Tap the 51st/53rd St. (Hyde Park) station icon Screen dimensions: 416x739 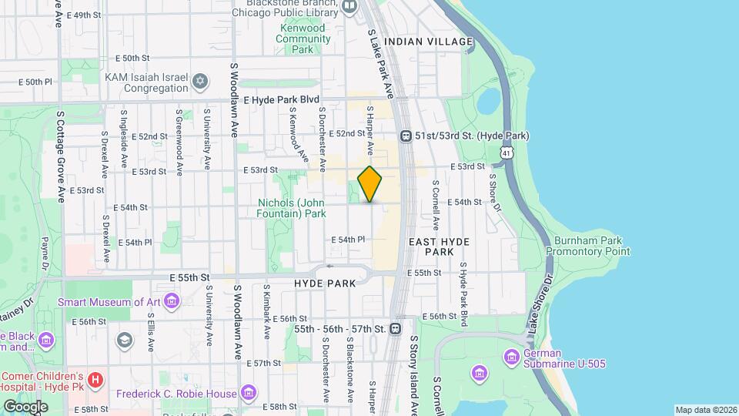[x=406, y=136]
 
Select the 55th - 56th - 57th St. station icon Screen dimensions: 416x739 [x=395, y=329]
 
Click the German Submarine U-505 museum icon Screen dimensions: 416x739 [x=511, y=357]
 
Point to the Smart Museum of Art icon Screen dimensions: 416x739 [x=172, y=300]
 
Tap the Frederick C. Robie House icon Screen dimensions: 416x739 [x=248, y=394]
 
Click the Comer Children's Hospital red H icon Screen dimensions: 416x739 [x=95, y=380]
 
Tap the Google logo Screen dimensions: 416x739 [x=25, y=406]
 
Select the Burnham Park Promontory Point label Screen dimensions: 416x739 [x=588, y=245]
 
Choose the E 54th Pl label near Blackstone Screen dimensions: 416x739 [x=347, y=240]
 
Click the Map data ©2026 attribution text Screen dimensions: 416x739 [x=705, y=410]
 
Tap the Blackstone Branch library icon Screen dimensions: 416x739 [x=350, y=7]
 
